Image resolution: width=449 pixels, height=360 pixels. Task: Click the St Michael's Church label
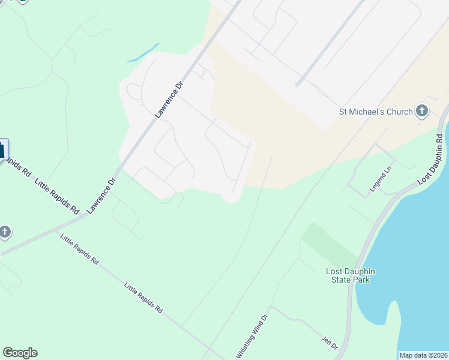tap(376, 112)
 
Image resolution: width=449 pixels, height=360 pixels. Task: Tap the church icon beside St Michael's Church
tap(422, 111)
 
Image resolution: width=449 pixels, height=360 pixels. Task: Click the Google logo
tap(20, 353)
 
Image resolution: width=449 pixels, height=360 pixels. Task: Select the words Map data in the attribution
tap(412, 355)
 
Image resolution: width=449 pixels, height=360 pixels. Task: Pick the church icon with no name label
tap(4, 232)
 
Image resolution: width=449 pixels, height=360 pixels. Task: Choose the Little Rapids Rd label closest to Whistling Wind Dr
tap(143, 299)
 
